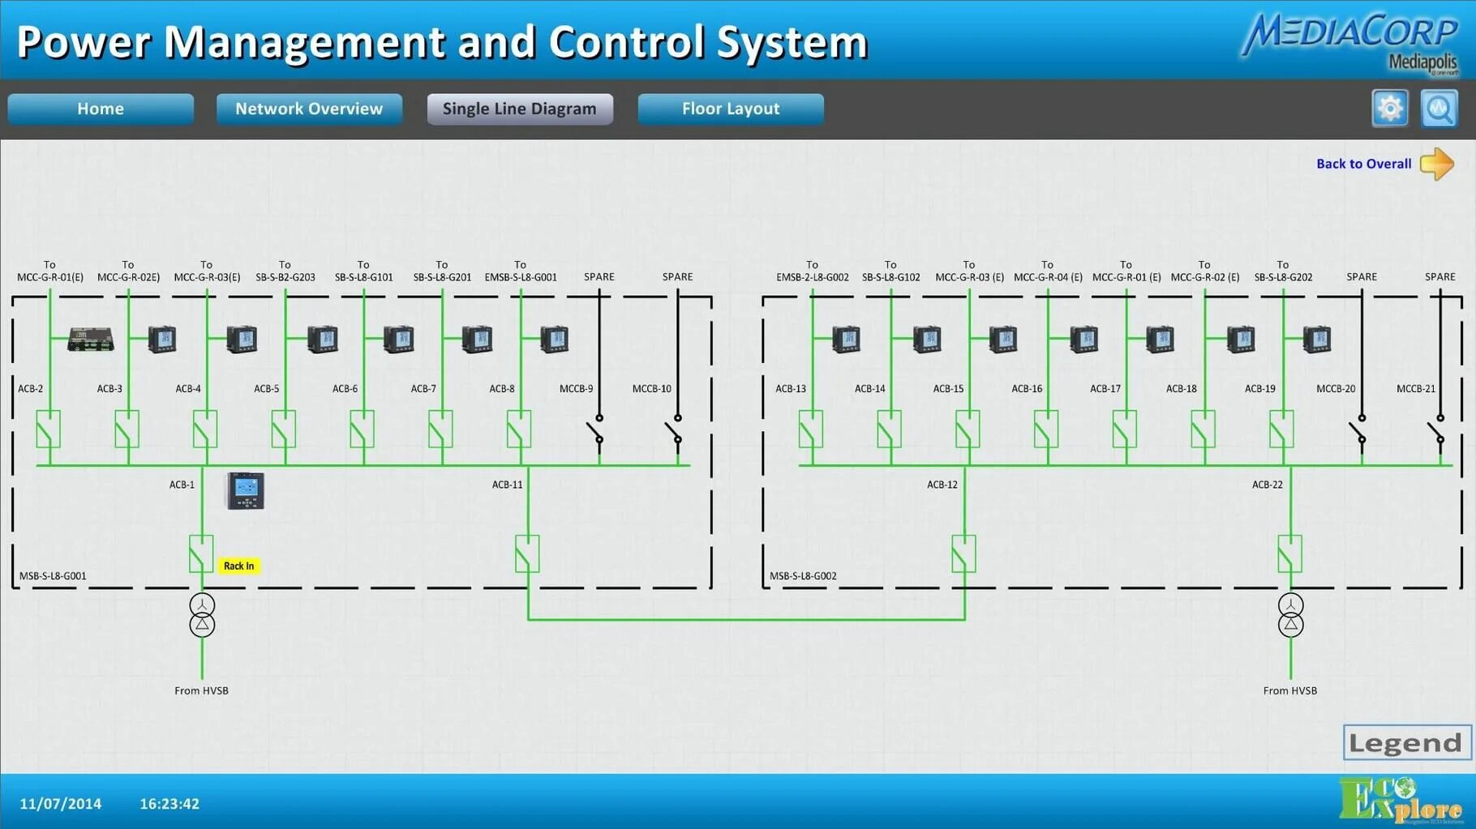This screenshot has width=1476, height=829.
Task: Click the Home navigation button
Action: click(x=101, y=109)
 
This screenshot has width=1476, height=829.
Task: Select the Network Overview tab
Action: click(x=309, y=109)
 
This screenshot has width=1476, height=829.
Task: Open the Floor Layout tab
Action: click(x=731, y=109)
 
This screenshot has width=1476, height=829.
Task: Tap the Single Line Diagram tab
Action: click(x=520, y=109)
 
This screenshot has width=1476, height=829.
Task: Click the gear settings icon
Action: click(x=1389, y=109)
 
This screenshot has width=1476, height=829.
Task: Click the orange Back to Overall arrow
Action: click(x=1437, y=164)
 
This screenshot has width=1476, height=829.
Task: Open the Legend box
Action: click(x=1406, y=742)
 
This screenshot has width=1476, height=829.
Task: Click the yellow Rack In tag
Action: click(x=238, y=566)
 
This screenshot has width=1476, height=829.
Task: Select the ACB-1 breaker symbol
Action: click(x=201, y=553)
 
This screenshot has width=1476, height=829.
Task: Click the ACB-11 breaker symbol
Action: click(x=527, y=553)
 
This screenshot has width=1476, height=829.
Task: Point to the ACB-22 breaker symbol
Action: click(x=1289, y=553)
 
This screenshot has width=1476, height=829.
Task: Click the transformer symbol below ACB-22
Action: click(x=1290, y=615)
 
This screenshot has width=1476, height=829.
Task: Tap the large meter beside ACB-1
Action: click(x=245, y=490)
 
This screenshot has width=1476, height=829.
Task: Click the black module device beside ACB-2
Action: click(x=90, y=339)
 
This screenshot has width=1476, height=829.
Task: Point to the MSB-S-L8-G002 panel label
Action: click(x=803, y=576)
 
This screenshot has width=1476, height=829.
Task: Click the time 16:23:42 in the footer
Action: click(x=169, y=804)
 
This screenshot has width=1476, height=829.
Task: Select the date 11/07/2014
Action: click(x=61, y=804)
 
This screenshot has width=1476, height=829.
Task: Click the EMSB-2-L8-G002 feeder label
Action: click(x=812, y=277)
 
